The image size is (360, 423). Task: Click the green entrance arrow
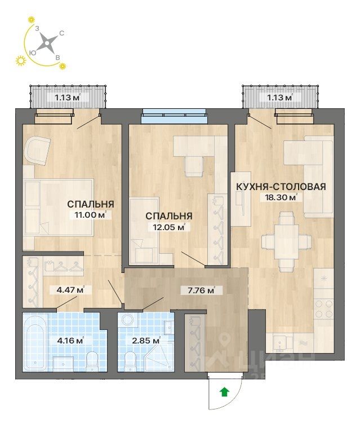click(224, 390)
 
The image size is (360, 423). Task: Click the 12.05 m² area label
click(166, 227)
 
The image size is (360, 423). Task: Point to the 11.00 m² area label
click(87, 215)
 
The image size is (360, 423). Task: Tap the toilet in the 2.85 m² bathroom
click(131, 359)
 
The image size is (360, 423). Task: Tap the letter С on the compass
click(61, 33)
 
